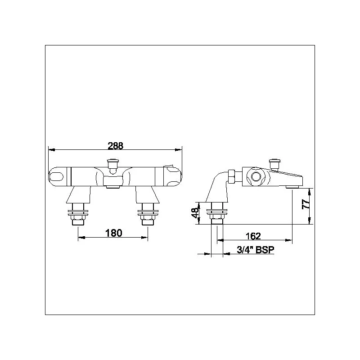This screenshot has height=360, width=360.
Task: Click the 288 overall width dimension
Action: click(115, 145)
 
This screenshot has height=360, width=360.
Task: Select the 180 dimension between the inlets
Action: click(113, 233)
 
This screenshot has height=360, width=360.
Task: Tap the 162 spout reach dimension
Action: click(254, 236)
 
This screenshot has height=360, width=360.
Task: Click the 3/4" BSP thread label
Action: click(255, 251)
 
